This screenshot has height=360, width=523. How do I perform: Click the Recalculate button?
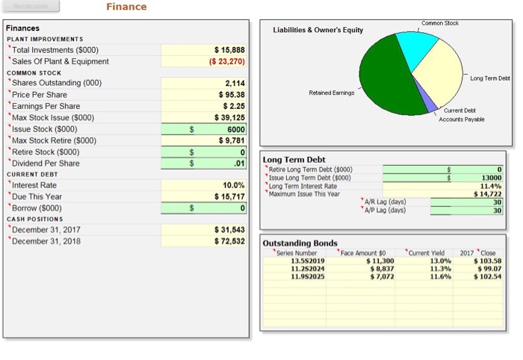tap(32, 7)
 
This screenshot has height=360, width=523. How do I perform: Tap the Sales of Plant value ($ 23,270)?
tap(223, 60)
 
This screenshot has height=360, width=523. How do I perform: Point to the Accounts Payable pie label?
tap(461, 120)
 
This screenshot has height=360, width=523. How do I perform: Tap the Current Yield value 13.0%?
tap(440, 260)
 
